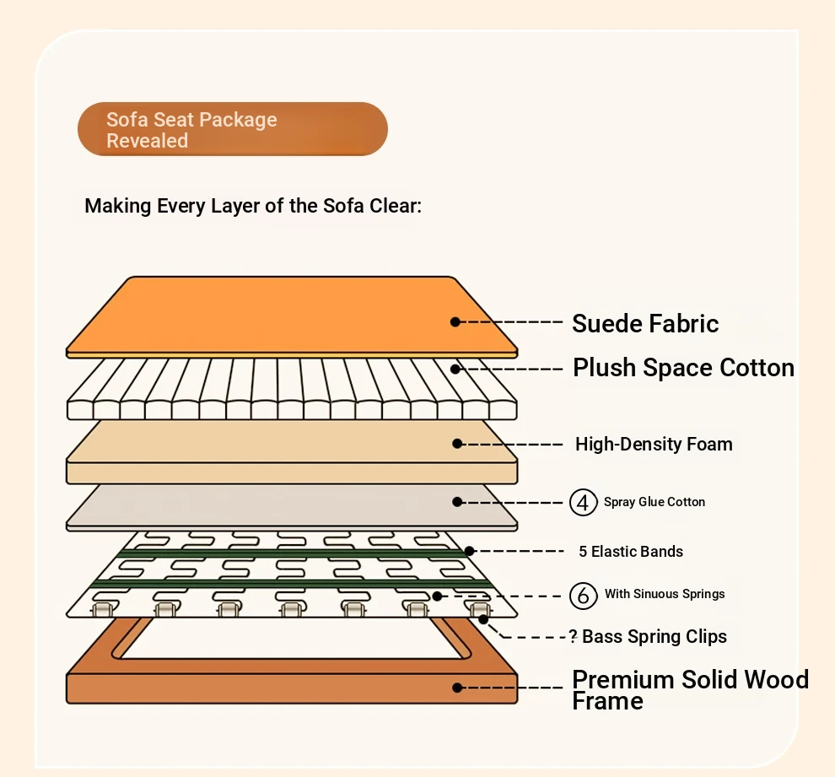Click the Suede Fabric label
coord(645,323)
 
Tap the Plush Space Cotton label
coord(684,368)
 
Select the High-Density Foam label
coord(654,444)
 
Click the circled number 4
coord(583,502)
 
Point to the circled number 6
coord(583,596)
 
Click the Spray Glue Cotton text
coord(655,502)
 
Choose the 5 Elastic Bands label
coord(631,551)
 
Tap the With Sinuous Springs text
coord(665,594)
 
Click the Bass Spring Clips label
coord(655,636)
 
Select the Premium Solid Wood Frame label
coord(690,689)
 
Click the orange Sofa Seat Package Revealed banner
coord(233,129)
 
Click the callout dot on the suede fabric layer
coord(455,321)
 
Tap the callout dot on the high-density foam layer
coord(457,444)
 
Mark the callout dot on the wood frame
coord(457,688)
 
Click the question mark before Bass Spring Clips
coord(573,636)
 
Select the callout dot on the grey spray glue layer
coord(457,502)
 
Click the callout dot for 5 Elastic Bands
coord(469,551)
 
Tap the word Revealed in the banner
coord(147,141)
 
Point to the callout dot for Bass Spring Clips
coord(483,619)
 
